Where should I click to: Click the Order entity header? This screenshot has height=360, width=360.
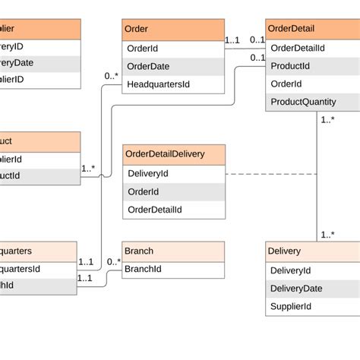pos(173,30)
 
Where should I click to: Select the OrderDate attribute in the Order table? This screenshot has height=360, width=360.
pos(173,66)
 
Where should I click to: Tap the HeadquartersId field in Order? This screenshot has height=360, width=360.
pos(173,84)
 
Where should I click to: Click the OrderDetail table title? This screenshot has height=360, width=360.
pos(312,30)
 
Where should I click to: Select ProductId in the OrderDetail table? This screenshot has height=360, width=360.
pos(312,66)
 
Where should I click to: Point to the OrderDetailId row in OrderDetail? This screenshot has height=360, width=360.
pos(312,48)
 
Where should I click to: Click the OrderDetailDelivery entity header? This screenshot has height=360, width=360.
pos(174,154)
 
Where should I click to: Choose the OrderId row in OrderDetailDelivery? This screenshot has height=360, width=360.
pos(174,192)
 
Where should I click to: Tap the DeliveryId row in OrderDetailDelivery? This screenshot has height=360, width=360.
pos(174,174)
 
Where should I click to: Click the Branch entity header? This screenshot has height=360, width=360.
pos(174,251)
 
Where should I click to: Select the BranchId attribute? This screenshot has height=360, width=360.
pos(174,269)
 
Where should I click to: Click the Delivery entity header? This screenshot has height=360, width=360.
pos(312,251)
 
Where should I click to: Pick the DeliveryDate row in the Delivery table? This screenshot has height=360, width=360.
pos(312,289)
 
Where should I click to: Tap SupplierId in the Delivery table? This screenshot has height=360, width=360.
pos(312,307)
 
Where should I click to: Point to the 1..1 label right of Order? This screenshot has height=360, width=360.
pos(233,39)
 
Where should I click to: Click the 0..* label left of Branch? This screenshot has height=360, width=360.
pos(113,262)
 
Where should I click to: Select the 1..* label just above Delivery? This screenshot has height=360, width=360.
pos(327,235)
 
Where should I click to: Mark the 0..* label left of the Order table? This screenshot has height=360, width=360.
pos(112,76)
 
